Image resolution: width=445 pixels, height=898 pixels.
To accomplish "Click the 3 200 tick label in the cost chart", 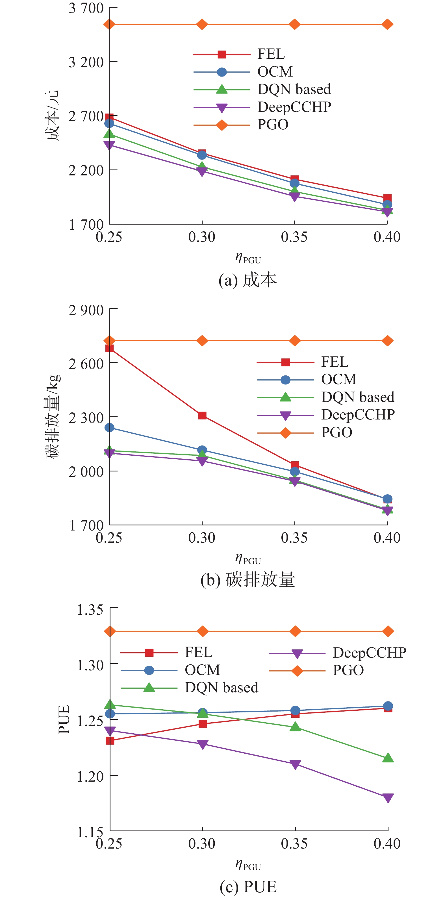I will pos(86,62).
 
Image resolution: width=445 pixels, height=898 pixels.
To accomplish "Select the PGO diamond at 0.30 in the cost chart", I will pos(202,24).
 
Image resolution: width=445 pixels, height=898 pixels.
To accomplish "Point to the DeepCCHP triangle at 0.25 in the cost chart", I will pos(109,145).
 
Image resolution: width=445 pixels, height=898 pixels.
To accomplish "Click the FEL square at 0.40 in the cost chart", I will pos(387,198).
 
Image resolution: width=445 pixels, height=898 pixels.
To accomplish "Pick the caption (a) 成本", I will pos(248,280).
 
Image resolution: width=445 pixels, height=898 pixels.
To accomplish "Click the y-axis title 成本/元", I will pos(52,116).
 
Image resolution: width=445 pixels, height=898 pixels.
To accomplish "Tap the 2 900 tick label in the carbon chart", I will pos(86,310).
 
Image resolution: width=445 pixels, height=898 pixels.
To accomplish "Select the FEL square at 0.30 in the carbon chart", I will pos(202,416).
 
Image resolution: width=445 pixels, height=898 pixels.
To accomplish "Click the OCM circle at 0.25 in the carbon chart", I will pos(109,427).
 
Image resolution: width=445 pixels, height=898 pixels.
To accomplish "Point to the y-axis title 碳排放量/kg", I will pos(53,417).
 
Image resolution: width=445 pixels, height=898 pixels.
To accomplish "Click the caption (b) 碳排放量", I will pos(248,580).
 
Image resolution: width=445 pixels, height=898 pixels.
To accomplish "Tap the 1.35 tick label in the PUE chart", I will pos(90,610).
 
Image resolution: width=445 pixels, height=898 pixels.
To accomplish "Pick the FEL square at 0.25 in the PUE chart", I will pos(110,740).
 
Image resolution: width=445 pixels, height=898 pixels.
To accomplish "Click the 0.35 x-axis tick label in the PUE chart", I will pos(294,843).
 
